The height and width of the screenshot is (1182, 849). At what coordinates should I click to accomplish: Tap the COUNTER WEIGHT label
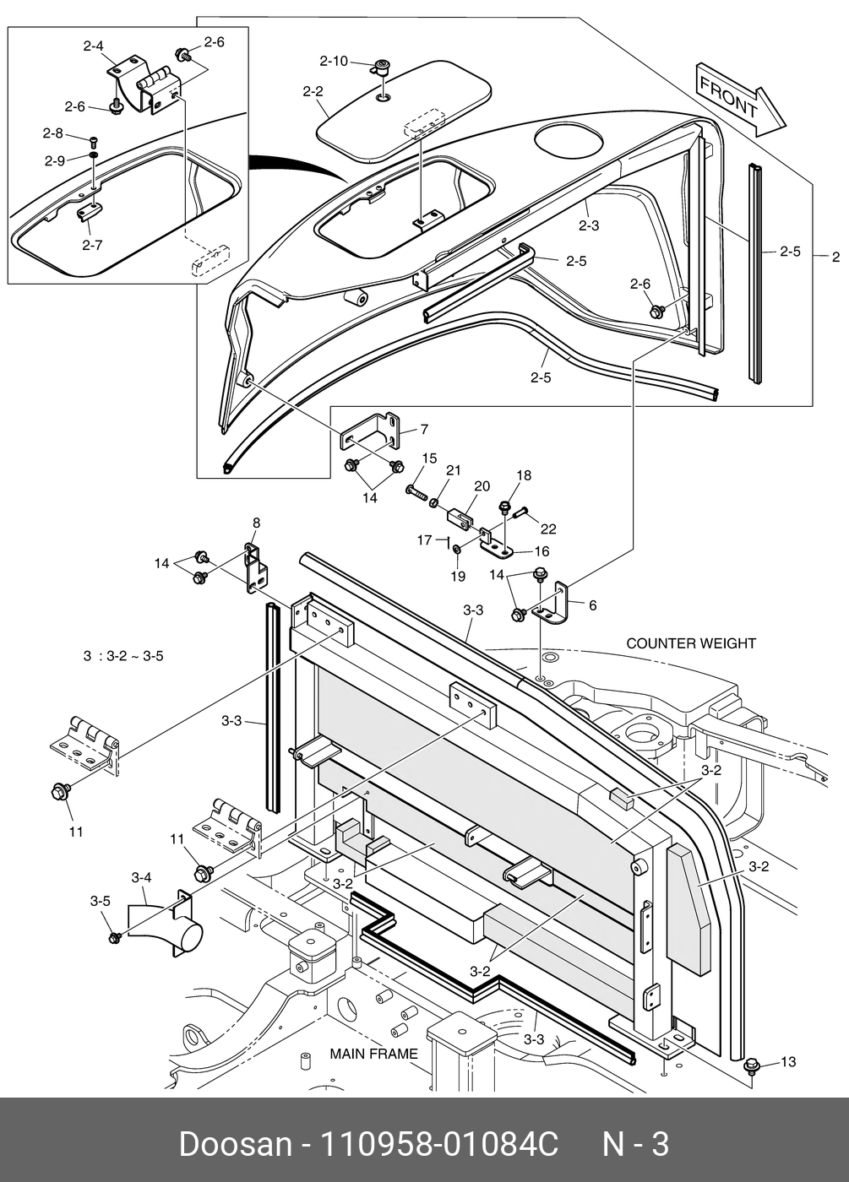[691, 643]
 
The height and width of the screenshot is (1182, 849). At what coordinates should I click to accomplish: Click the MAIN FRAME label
[373, 1054]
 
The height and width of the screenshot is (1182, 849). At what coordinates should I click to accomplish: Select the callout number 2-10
[333, 61]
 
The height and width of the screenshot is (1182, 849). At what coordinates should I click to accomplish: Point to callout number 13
[787, 1061]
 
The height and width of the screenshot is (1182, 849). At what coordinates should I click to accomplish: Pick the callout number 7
[423, 429]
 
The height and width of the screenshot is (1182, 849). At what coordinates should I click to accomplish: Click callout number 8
[256, 523]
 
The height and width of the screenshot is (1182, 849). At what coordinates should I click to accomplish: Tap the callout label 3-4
[141, 878]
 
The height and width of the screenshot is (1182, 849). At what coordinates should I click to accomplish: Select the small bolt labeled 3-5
[114, 937]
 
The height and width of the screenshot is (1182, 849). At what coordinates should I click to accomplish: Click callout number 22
[548, 529]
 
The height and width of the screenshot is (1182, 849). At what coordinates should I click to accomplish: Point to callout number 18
[524, 475]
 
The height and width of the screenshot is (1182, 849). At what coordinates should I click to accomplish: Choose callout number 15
[429, 458]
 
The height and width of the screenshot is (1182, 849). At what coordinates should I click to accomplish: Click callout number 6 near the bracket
[592, 605]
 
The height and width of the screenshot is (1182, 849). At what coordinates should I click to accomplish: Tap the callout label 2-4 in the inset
[93, 46]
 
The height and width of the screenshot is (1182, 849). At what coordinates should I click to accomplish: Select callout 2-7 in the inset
[92, 245]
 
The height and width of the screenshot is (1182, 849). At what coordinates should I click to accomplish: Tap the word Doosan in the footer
[235, 1145]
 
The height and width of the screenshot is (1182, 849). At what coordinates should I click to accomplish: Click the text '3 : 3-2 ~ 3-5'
[123, 656]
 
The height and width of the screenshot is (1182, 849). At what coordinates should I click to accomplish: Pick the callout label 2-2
[313, 90]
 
